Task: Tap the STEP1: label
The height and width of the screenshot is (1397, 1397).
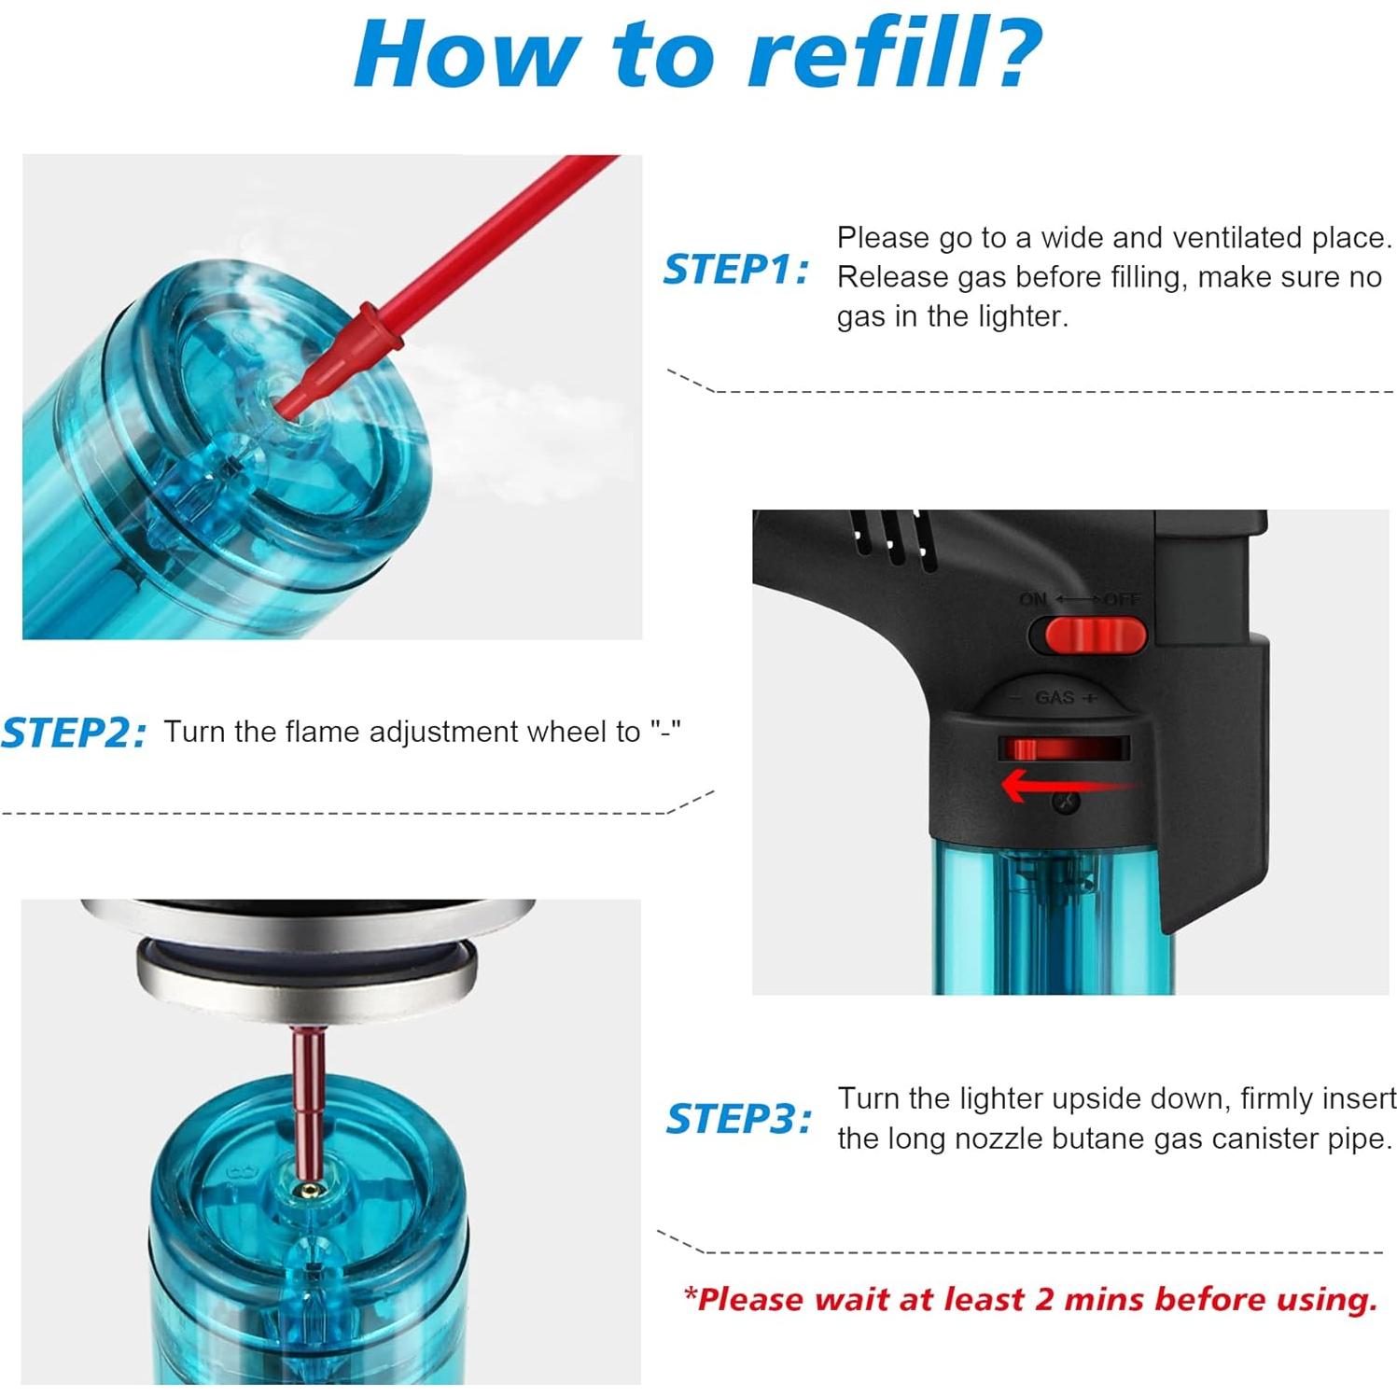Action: [735, 270]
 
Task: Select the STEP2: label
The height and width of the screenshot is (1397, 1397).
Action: [74, 733]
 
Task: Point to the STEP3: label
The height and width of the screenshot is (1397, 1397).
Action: [738, 1118]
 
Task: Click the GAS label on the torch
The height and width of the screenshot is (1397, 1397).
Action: [1055, 697]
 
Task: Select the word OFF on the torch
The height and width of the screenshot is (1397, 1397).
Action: [1123, 599]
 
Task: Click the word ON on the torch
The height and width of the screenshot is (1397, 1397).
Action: [1033, 599]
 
